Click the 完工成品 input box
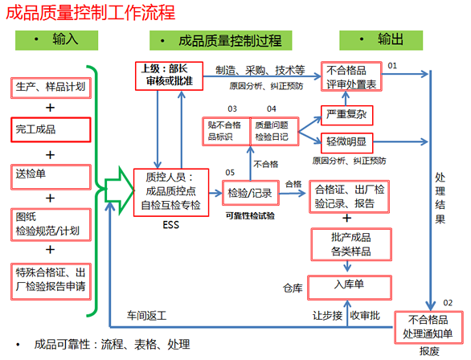51,129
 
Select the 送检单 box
51,177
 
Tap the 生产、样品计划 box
51,88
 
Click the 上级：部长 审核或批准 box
169,76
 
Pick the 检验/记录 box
251,193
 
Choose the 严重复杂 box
347,115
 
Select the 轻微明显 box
347,142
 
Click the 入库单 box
350,288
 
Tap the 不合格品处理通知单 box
428,327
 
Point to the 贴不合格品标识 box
226,131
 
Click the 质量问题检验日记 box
275,131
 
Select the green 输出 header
381,40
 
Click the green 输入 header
57,40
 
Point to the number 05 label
230,173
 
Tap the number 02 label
448,303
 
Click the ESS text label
170,225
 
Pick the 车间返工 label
146,316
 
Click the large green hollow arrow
119,190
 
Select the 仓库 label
293,288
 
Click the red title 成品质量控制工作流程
90,13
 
